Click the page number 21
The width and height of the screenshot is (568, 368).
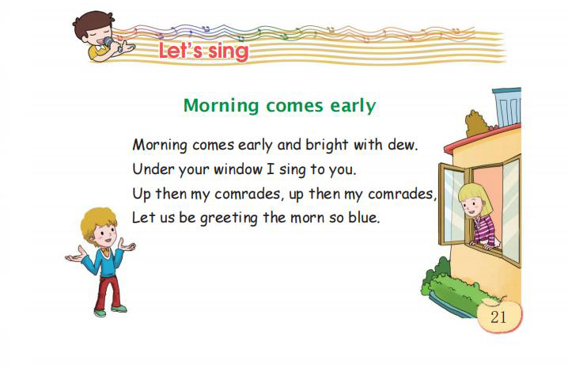tap(498, 317)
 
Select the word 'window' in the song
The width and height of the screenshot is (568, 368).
tap(238, 169)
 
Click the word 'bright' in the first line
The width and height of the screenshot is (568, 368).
tap(327, 146)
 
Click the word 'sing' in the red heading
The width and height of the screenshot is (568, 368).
tap(229, 51)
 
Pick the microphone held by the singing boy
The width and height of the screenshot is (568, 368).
tap(112, 44)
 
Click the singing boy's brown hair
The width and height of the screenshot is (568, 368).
tap(93, 22)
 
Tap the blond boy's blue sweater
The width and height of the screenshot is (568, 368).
tap(104, 262)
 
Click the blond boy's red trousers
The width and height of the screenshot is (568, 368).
tap(108, 291)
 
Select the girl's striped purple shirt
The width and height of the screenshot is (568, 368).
tap(484, 230)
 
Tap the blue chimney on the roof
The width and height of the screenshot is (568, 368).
tap(507, 107)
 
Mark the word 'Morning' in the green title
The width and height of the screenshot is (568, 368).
tap(221, 106)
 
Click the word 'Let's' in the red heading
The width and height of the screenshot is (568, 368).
tap(180, 51)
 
